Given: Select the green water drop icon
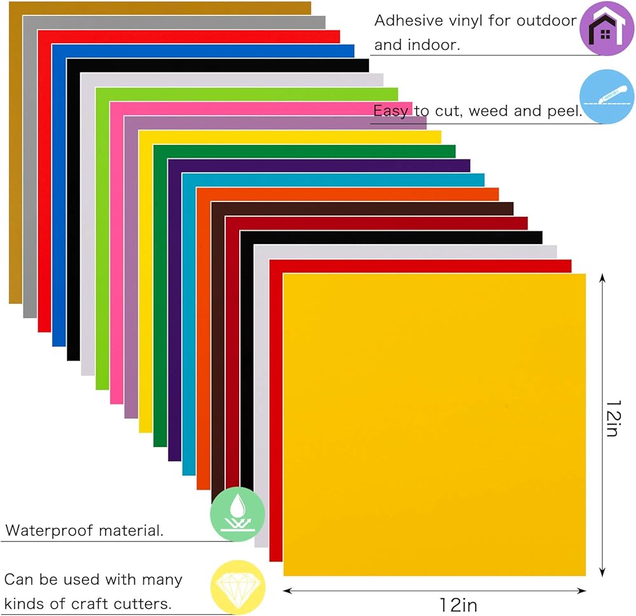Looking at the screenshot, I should (237, 514).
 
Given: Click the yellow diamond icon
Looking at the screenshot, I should (237, 587).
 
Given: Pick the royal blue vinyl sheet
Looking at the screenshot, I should (59, 191).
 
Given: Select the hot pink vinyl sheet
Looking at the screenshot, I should (116, 254).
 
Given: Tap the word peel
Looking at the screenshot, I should (562, 112).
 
